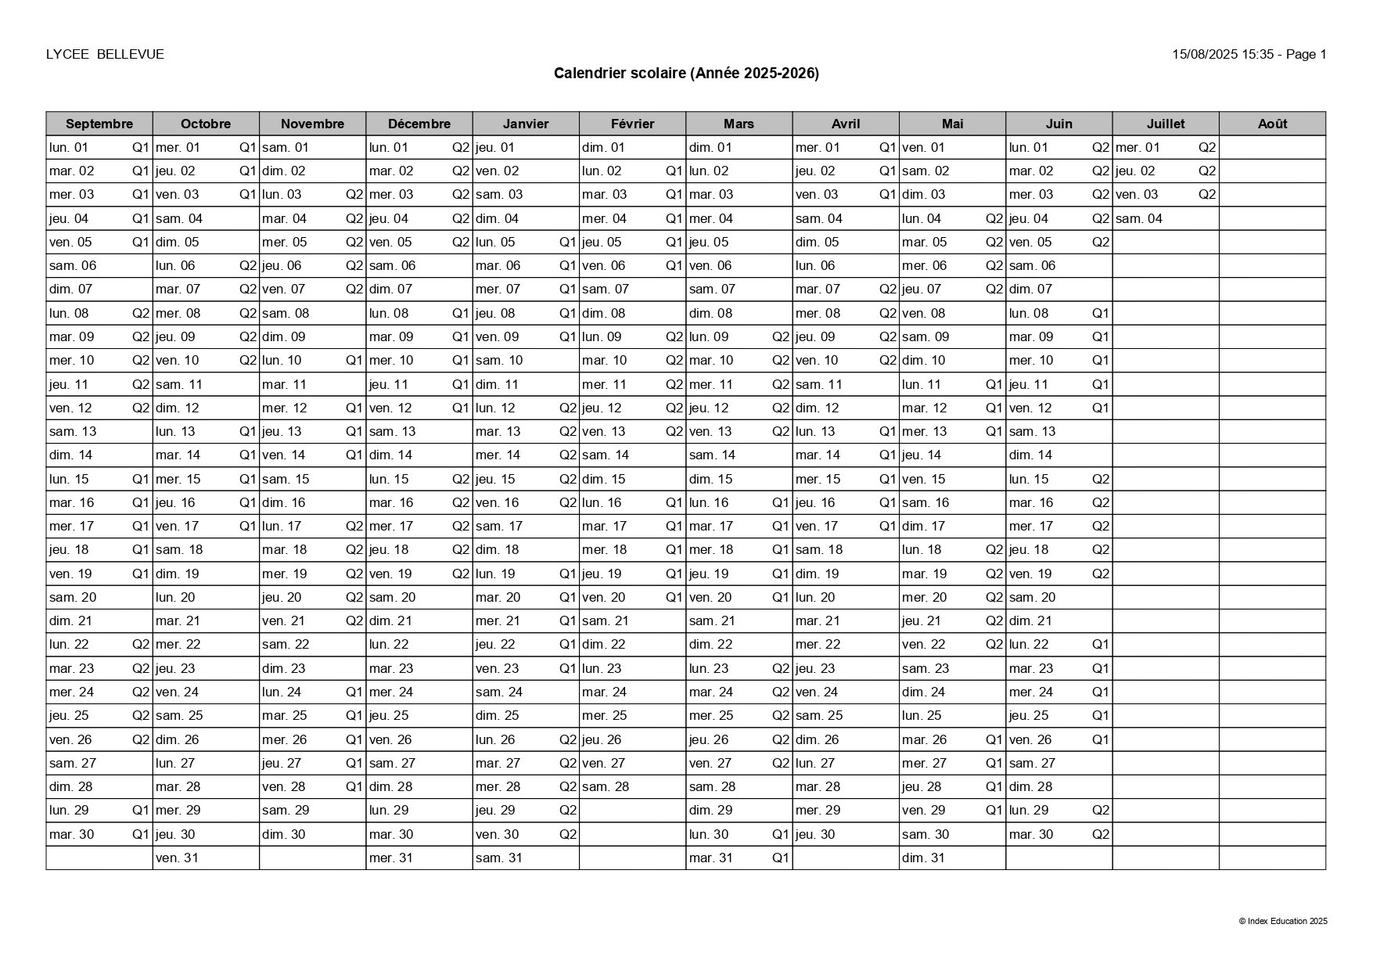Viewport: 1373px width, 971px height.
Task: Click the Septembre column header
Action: pos(99,124)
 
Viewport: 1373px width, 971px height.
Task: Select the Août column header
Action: pos(1272,124)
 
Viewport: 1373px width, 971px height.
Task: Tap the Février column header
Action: pos(632,124)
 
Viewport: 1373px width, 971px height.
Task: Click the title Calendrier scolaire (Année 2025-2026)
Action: pos(686,74)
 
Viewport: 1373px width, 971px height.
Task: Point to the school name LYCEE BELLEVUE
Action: pos(105,54)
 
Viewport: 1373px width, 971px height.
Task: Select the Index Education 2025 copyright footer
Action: pos(1283,921)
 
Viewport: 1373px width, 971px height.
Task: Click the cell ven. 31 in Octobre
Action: pos(178,858)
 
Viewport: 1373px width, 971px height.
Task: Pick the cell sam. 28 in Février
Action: pos(606,786)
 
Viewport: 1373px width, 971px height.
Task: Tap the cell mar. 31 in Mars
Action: pos(711,858)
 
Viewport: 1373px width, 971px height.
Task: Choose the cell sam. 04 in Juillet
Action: pos(1139,218)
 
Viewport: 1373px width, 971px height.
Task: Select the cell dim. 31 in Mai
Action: pos(924,858)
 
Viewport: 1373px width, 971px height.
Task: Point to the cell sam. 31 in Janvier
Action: pos(498,858)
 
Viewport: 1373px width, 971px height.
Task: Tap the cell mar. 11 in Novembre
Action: pos(285,384)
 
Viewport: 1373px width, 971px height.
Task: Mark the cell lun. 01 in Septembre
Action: pos(69,147)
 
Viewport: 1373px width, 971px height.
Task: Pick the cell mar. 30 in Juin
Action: pos(1031,834)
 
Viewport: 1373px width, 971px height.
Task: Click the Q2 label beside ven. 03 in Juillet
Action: pos(1207,194)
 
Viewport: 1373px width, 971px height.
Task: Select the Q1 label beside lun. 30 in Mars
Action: pos(781,834)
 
